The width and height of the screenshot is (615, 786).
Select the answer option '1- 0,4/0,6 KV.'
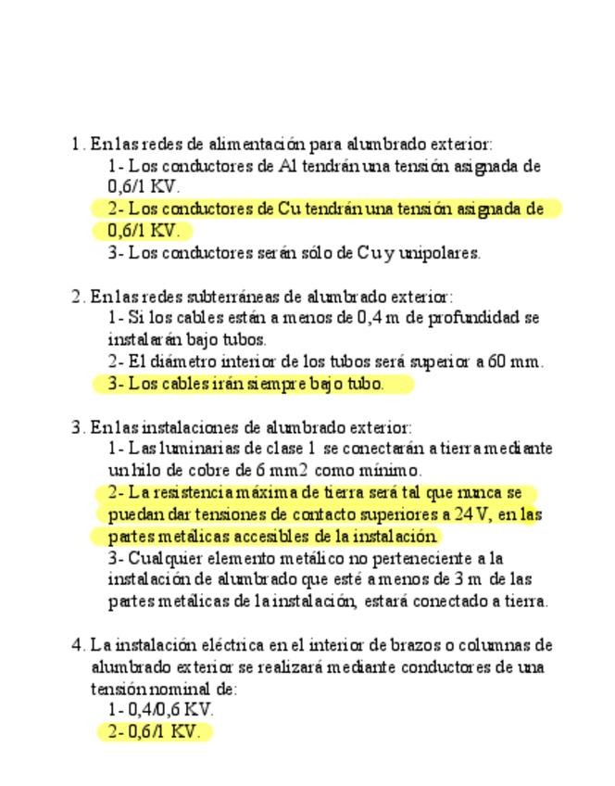tap(161, 710)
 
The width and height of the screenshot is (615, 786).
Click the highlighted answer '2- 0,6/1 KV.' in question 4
tap(154, 732)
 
